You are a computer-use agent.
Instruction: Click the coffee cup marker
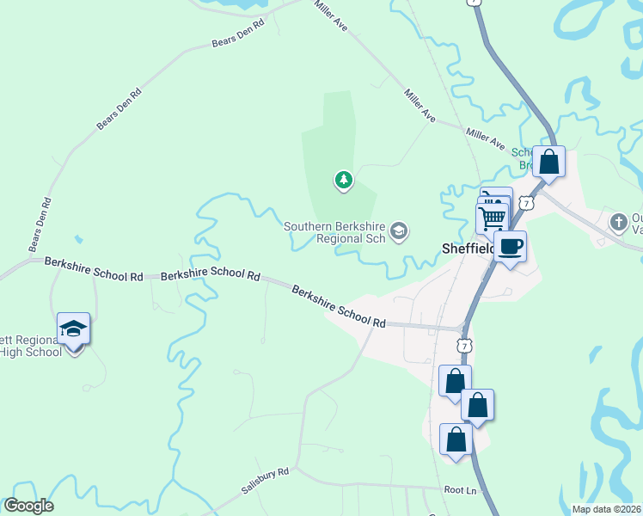(510, 247)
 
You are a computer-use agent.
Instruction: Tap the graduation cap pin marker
(73, 329)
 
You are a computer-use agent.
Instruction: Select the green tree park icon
(344, 180)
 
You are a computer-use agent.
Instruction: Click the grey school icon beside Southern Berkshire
(398, 230)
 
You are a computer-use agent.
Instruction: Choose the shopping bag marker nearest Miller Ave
(548, 162)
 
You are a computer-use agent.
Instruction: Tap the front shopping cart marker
(492, 218)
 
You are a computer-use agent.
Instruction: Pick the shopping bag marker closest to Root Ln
(456, 439)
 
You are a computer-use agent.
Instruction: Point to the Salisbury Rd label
(265, 480)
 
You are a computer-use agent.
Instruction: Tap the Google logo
(28, 506)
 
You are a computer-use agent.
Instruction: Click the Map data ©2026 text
(606, 509)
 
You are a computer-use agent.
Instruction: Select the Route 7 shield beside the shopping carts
(527, 203)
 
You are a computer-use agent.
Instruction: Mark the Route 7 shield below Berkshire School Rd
(464, 345)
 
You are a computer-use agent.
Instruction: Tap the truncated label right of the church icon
(636, 223)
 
